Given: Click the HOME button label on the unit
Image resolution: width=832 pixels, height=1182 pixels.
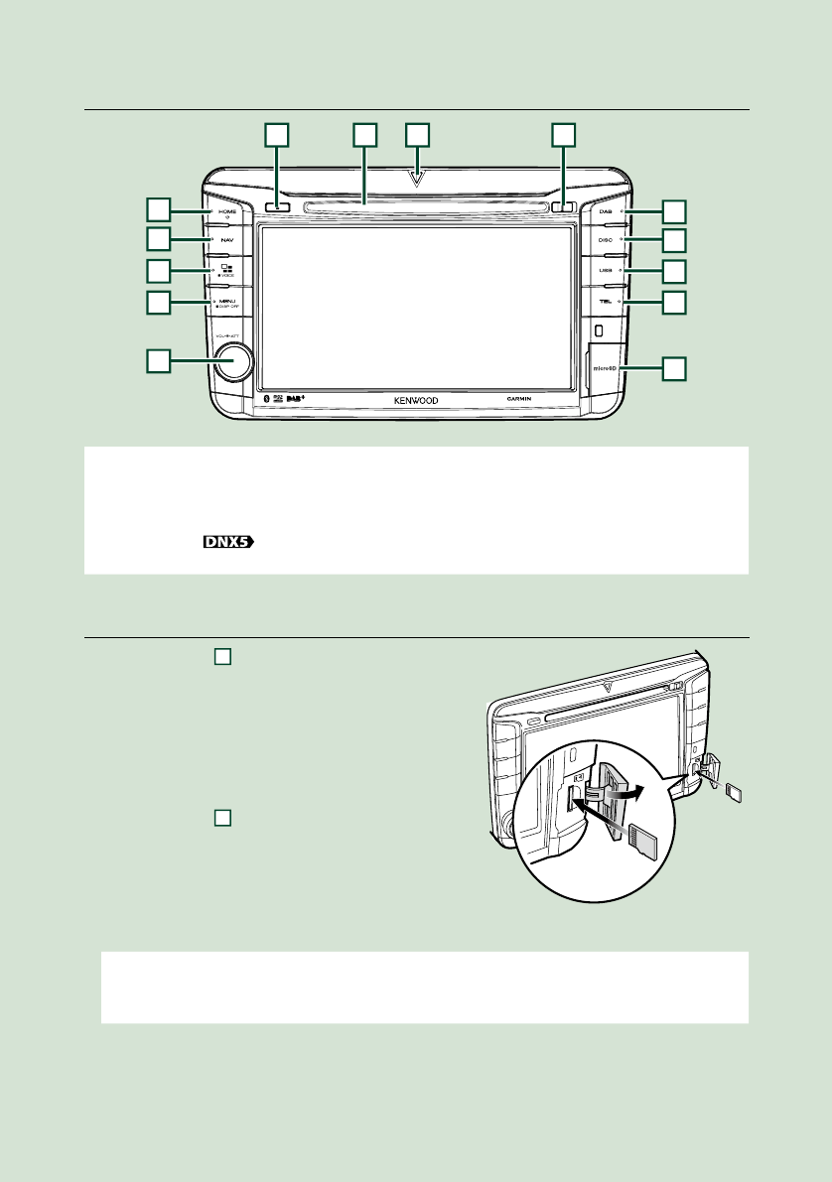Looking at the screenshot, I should pyautogui.click(x=228, y=211).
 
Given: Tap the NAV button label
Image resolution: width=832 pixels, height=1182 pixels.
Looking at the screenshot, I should pyautogui.click(x=228, y=240).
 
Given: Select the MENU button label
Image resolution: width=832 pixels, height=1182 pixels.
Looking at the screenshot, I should pyautogui.click(x=228, y=300).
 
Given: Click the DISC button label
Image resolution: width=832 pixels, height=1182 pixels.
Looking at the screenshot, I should pyautogui.click(x=606, y=240).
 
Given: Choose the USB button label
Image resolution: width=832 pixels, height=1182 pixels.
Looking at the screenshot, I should pyautogui.click(x=606, y=270).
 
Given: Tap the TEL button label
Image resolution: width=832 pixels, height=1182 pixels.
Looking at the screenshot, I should pyautogui.click(x=606, y=300).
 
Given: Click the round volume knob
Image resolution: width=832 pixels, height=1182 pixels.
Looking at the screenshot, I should pyautogui.click(x=229, y=361).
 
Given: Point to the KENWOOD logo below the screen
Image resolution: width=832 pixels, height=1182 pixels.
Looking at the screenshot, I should pyautogui.click(x=415, y=403).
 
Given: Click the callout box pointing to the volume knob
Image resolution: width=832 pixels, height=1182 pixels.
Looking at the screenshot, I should pyautogui.click(x=157, y=361).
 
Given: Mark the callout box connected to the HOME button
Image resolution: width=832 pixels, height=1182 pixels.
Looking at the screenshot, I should pyautogui.click(x=157, y=208).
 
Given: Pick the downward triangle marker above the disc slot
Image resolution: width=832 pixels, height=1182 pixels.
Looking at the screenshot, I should pyautogui.click(x=418, y=180).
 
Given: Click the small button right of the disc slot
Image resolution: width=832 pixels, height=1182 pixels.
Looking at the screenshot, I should pyautogui.click(x=563, y=208).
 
